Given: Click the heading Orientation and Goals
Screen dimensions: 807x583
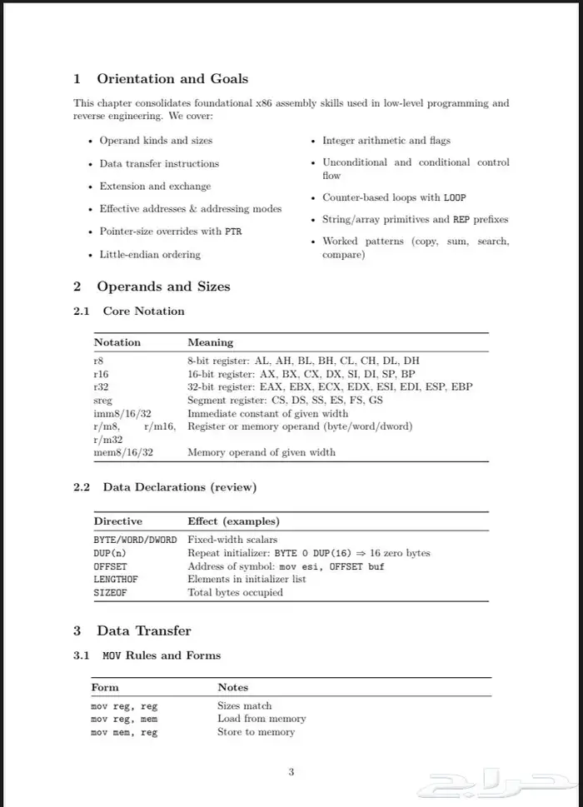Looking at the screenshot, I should coord(172,79).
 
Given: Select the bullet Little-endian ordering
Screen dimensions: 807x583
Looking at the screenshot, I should coord(150,254).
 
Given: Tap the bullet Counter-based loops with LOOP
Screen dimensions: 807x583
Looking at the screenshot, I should coord(394,198).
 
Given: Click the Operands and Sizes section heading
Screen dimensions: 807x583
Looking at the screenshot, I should coord(163,286).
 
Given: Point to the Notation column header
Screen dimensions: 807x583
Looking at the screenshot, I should coord(117,342).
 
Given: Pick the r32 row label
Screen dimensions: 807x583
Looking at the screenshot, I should coord(102,387).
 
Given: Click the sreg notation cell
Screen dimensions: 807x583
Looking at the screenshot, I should coord(103,401).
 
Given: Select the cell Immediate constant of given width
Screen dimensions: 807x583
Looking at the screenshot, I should coord(267,413).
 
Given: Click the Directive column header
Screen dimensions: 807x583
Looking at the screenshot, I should coord(117,521).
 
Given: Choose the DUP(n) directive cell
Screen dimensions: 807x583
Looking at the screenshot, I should coord(109,553).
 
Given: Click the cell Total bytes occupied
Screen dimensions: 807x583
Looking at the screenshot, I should coord(235,593).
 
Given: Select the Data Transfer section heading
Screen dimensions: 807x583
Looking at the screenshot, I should coord(144,630).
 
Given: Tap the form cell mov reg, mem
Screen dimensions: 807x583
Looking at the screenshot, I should coord(124,719).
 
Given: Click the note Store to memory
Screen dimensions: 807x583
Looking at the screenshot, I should coord(257,732).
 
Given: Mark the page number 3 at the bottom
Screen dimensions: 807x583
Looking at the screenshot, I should coord(291,772).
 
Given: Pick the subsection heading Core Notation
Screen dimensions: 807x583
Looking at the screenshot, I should coord(143,311).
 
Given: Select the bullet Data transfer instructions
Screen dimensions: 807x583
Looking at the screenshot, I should coord(159,163).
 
